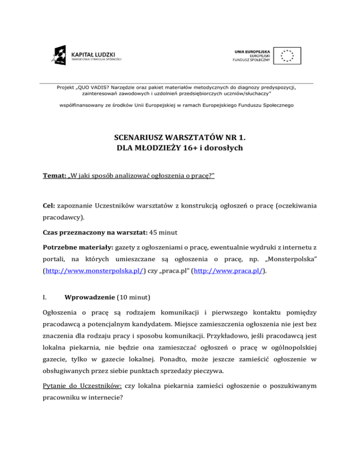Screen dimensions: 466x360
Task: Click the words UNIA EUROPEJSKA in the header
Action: [x=253, y=50]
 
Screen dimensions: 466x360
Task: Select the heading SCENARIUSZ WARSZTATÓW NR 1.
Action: [x=180, y=138]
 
